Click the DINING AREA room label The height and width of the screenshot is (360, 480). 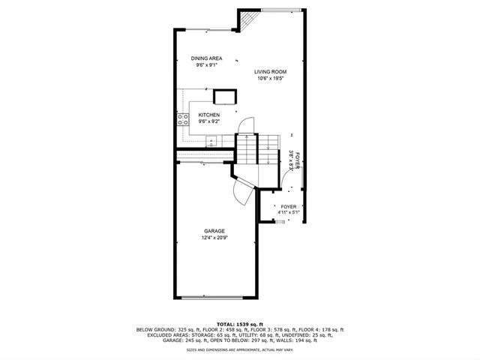tap(205, 58)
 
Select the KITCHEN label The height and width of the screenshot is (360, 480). tap(208, 115)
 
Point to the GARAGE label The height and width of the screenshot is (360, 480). tap(214, 231)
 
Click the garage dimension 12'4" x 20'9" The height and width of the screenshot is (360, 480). tap(214, 238)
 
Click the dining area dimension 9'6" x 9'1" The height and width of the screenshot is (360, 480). tap(205, 64)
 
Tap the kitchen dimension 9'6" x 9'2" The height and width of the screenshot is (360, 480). tap(208, 121)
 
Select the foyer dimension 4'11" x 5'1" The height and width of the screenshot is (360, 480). tap(289, 212)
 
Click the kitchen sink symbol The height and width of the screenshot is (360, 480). tap(211, 139)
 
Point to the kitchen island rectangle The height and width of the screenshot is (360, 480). tap(225, 96)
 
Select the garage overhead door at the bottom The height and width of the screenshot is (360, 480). tap(213, 298)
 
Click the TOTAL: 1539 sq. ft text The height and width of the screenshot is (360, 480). tap(240, 323)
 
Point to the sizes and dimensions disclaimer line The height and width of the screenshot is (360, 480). tap(240, 350)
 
